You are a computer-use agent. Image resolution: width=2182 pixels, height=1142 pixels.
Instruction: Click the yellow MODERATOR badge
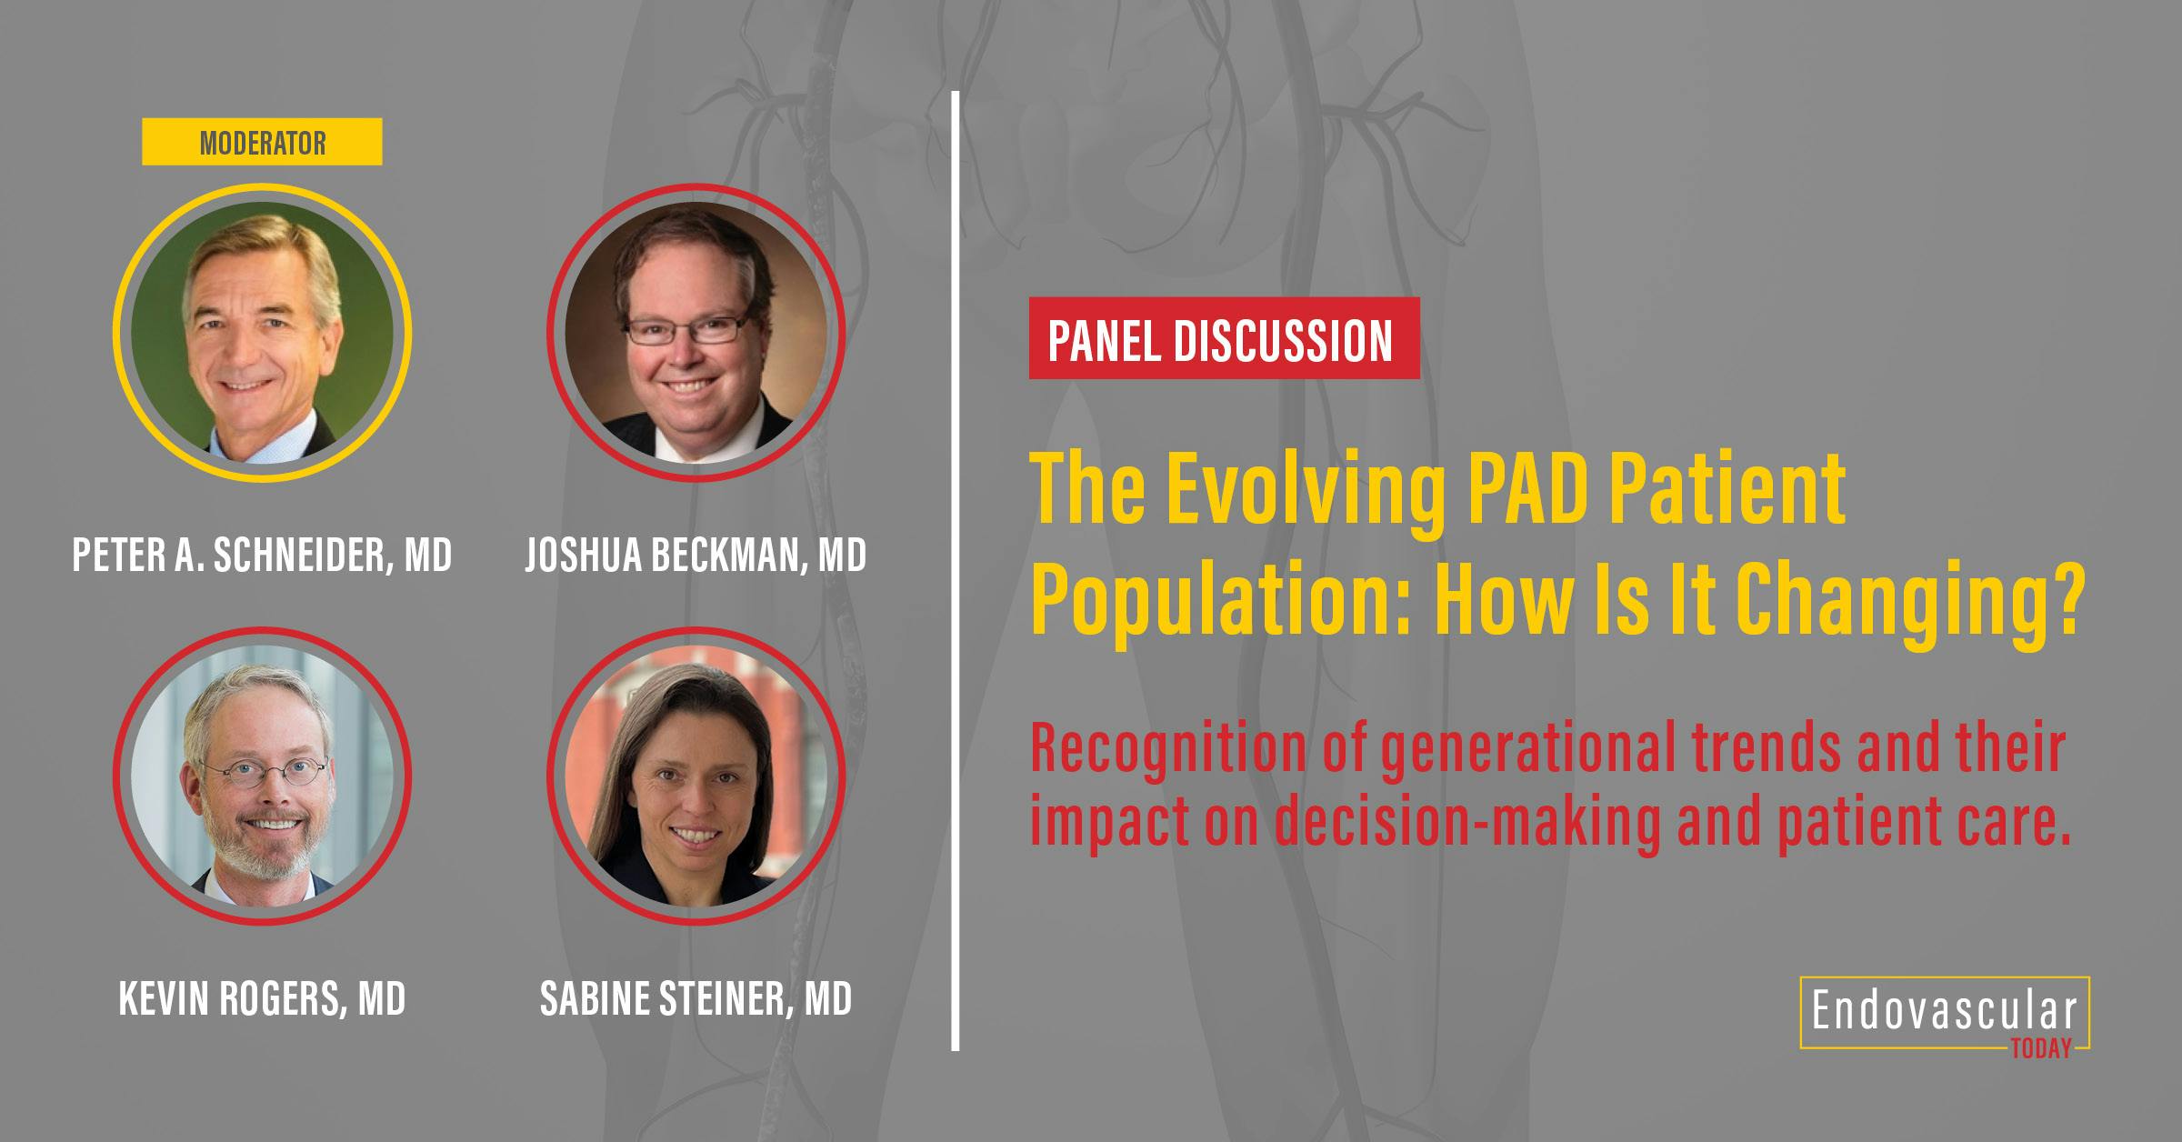[262, 142]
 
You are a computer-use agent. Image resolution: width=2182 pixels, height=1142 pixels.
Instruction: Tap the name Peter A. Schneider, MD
[262, 555]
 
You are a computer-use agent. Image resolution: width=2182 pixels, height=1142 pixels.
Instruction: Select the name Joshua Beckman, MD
[696, 555]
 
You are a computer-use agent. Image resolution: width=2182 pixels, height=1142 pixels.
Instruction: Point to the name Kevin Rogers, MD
[262, 998]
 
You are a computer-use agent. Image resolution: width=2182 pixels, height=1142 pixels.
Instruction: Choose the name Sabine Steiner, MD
[696, 998]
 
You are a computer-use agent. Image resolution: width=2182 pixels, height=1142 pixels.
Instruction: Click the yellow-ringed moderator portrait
[262, 333]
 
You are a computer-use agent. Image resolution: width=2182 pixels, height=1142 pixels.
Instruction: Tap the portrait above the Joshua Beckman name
[696, 333]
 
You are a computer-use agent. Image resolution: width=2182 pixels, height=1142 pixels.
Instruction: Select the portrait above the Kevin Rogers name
[262, 776]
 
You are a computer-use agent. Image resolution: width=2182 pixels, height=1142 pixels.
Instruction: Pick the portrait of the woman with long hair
[696, 776]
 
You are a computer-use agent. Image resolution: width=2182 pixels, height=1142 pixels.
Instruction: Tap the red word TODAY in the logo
[2041, 1048]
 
